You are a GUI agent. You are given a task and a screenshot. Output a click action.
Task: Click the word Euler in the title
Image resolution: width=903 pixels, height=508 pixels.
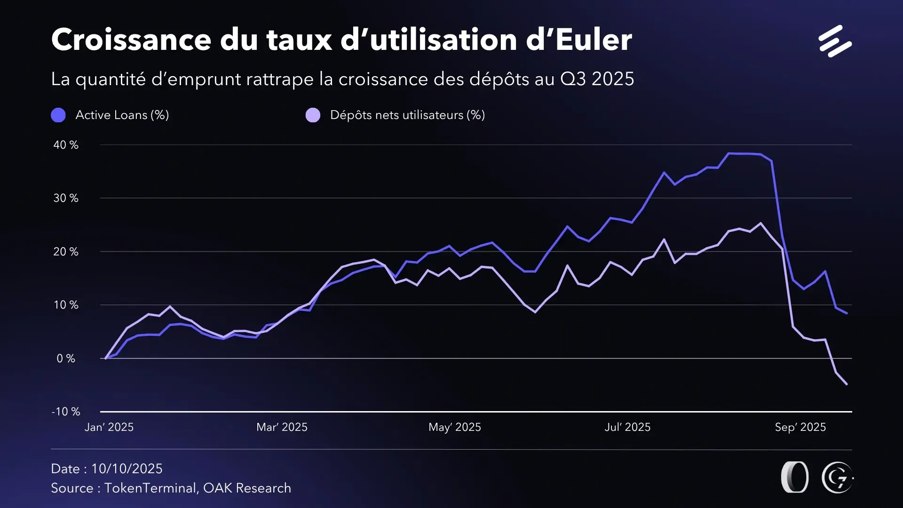pos(594,40)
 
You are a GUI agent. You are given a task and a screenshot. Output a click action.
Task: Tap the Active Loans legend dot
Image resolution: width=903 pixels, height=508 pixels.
pos(58,115)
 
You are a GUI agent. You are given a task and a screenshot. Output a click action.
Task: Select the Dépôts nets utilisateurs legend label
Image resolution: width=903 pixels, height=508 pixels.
pos(407,115)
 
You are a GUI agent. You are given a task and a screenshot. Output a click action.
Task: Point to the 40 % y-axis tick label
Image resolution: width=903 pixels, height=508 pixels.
pos(66,145)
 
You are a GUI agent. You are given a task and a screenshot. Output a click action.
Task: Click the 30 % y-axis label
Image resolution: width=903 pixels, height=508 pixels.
pos(66,198)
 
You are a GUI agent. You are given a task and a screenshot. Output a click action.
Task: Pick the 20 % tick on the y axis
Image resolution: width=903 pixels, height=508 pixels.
pos(66,252)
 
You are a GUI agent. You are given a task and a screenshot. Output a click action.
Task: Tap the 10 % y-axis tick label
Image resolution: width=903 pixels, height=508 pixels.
pos(66,305)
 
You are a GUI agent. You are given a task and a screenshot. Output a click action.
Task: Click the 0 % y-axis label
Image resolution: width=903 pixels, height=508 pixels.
pos(66,358)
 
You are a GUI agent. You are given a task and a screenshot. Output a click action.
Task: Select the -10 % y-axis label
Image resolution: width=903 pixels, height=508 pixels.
pos(66,412)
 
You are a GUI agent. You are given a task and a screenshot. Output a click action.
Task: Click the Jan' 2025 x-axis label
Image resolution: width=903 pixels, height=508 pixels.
pos(109,427)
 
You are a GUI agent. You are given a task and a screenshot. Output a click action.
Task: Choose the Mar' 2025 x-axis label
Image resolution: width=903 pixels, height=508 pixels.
pos(282,427)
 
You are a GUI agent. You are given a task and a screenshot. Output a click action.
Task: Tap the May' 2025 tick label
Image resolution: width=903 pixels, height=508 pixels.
pos(455,427)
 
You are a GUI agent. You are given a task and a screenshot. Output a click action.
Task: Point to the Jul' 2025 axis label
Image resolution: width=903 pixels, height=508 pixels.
pos(627,427)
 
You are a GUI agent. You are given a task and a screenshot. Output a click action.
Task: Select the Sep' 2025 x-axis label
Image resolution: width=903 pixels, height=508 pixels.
pos(800,427)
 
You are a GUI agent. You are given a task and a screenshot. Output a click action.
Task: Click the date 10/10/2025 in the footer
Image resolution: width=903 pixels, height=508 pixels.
pos(127,468)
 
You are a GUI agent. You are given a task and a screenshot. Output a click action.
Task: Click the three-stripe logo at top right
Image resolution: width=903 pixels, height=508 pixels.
pos(835,41)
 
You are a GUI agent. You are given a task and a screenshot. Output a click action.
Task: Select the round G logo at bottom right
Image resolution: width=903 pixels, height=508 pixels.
pos(837,477)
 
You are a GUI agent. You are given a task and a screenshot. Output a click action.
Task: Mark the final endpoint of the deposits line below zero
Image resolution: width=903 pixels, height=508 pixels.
pos(847,384)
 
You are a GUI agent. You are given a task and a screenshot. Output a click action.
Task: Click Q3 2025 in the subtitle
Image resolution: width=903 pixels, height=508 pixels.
pos(597,79)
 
